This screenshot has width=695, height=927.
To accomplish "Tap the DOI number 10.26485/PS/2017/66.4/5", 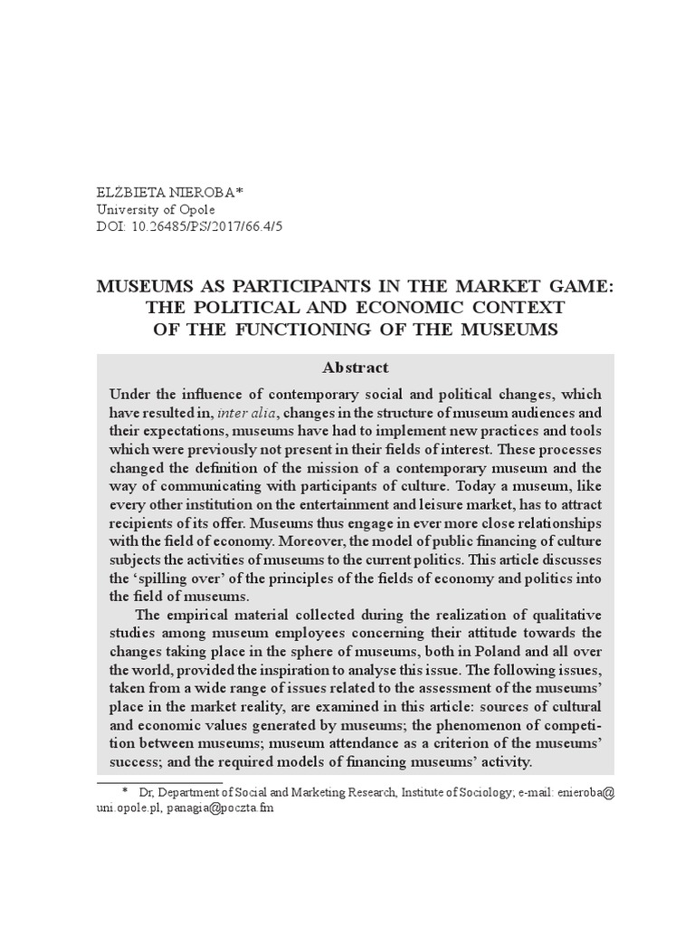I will [x=209, y=226].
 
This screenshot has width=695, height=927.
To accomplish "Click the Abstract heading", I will [x=356, y=368].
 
